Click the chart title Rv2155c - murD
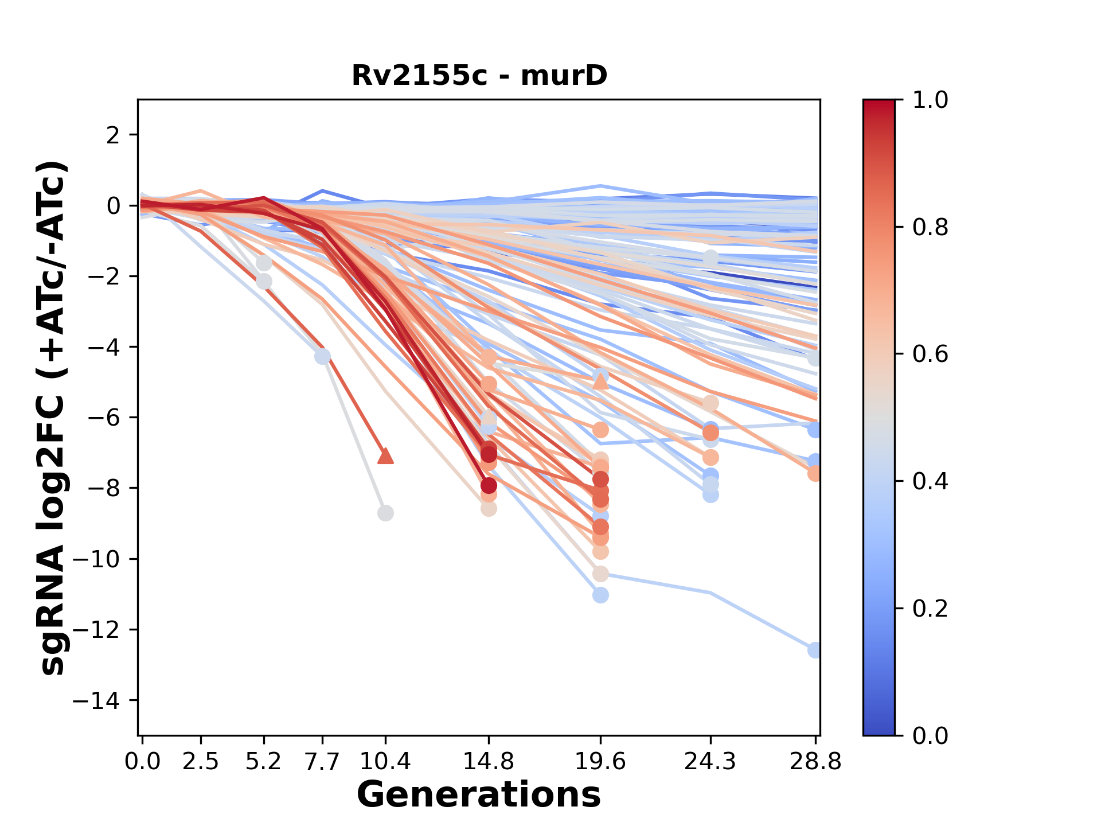(x=479, y=76)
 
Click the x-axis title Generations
(x=479, y=794)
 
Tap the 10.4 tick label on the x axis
(x=385, y=762)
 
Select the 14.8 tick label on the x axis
(x=489, y=762)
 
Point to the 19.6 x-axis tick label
(x=600, y=762)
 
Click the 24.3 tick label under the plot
(x=710, y=762)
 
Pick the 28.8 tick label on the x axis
(x=815, y=762)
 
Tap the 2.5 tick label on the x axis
(x=201, y=762)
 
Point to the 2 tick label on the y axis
(x=114, y=135)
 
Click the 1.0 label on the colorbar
(x=930, y=100)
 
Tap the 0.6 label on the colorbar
(x=930, y=354)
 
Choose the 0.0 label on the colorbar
(x=930, y=735)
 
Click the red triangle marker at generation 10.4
(x=385, y=456)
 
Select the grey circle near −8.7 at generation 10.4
(x=385, y=513)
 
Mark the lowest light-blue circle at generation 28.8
(x=814, y=650)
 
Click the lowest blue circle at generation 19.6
(x=600, y=595)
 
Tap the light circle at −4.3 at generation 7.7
(x=323, y=356)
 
